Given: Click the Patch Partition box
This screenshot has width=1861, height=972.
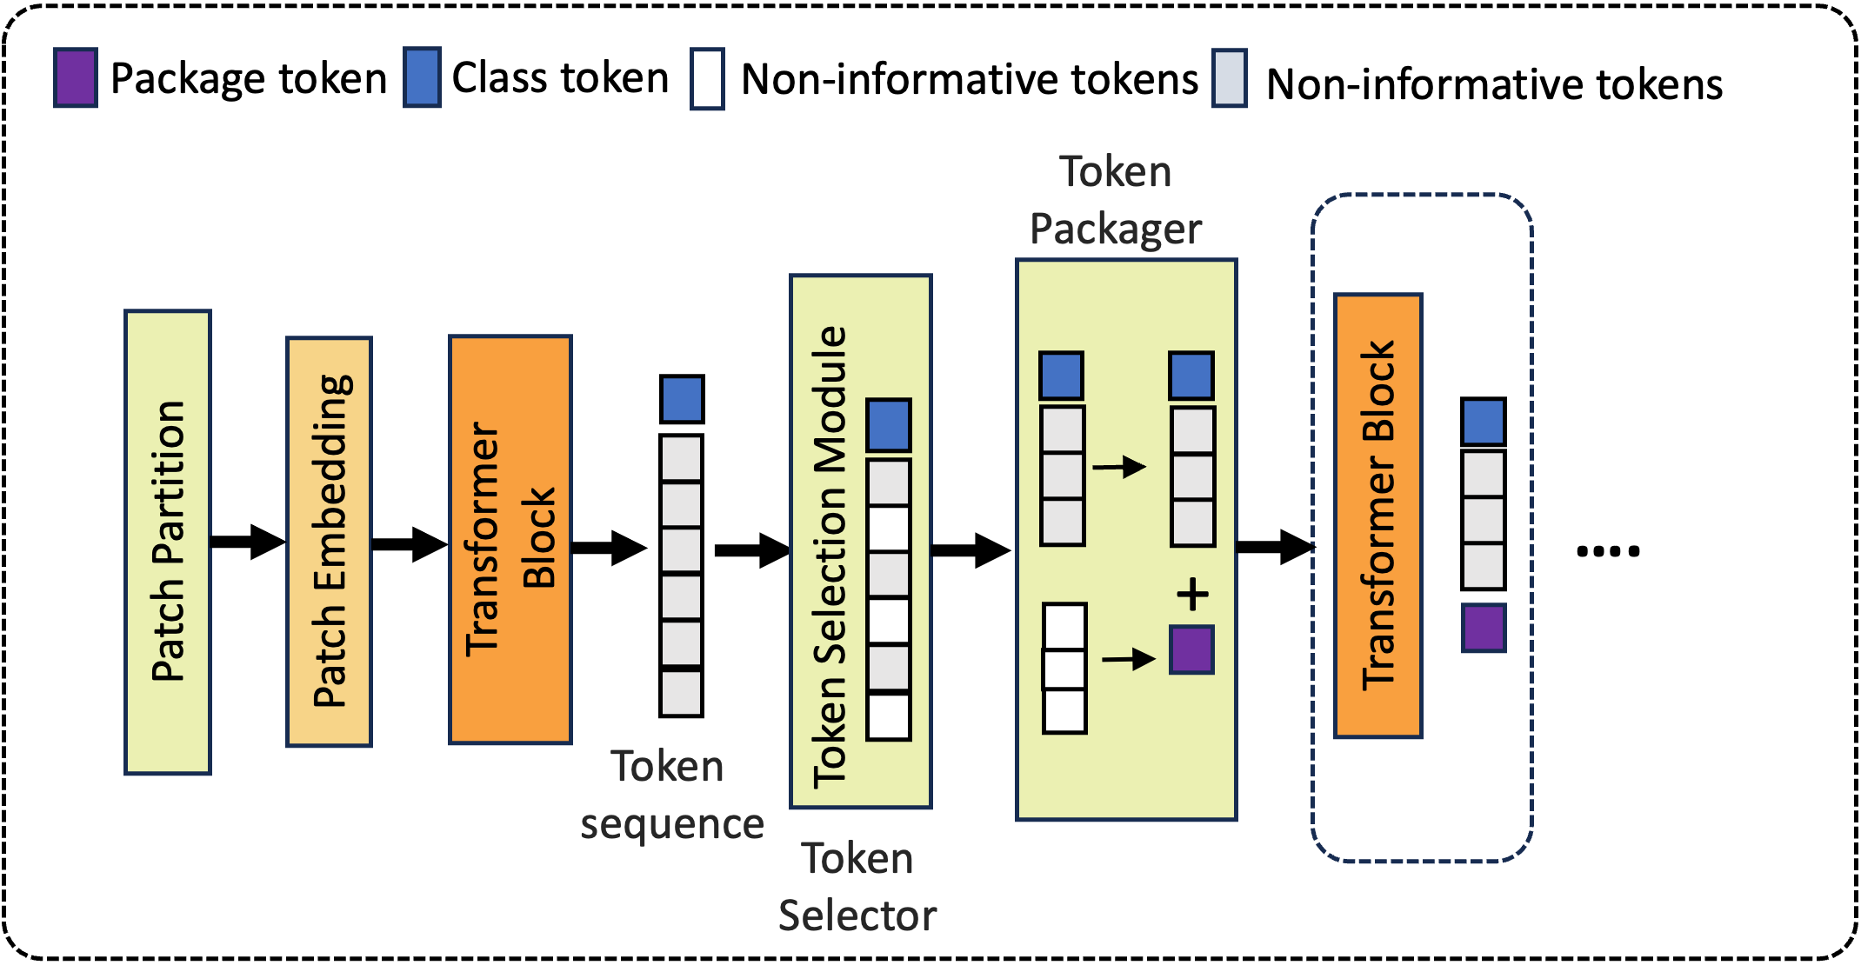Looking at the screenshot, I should pos(168,542).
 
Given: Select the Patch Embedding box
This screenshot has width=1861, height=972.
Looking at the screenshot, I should pos(330,542).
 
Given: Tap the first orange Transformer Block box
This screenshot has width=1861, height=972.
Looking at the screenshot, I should pos(510,539).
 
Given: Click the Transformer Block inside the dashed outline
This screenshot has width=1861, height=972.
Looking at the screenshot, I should pos(1377,516).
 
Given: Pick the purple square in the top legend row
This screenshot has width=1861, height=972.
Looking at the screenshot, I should pos(76,78).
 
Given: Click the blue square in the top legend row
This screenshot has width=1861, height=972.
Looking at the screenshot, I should pos(422,78).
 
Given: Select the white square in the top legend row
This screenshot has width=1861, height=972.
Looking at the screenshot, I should pos(707,79).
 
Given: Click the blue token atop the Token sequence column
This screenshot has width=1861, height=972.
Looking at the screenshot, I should pos(682,400).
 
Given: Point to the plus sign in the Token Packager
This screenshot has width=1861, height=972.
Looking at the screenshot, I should pos(1192,595).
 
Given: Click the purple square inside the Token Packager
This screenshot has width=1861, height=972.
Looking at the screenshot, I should pos(1191,649).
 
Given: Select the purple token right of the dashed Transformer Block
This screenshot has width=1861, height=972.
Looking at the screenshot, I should pos(1484,628).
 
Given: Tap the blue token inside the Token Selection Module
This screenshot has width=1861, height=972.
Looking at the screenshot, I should pos(889,425).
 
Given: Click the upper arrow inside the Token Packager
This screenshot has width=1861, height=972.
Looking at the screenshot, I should pos(1120,467).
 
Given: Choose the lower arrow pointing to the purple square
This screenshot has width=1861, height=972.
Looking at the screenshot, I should pos(1129,659).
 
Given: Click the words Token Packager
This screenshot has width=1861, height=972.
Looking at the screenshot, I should pos(1116,201).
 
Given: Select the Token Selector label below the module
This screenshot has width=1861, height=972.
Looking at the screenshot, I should pos(857,887).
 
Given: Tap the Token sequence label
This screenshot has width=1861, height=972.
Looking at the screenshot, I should pos(670,795).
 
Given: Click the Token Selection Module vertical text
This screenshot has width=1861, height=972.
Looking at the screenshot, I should pos(830,556).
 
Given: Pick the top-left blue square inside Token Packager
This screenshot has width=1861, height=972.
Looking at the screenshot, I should pos(1062,376).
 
